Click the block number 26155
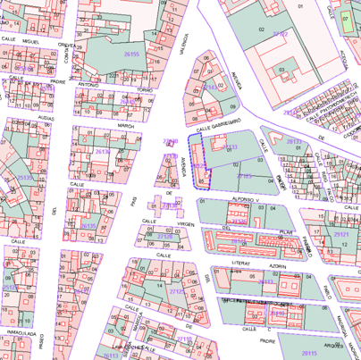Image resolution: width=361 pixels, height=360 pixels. pos(131,55)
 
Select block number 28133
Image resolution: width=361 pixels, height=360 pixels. pos(229,147)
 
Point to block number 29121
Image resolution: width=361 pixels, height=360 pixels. pos(340,235)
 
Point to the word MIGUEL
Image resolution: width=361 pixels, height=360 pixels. pos(33,40)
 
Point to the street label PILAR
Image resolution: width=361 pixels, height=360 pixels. pos(286,231)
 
